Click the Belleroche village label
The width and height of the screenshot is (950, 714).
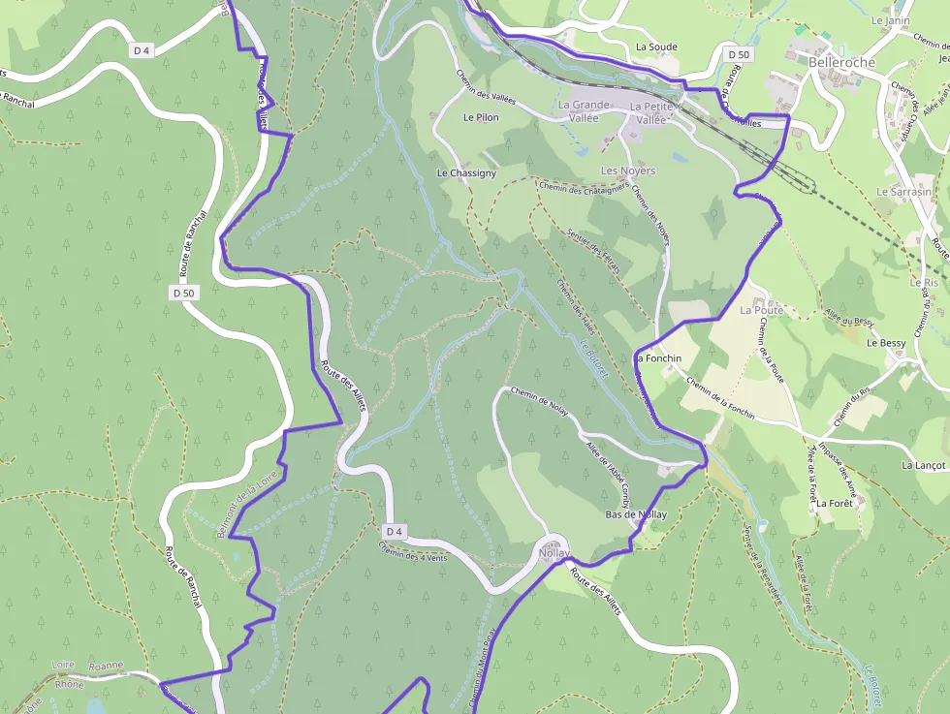pos(840,62)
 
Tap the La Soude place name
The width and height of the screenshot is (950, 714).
pos(656,47)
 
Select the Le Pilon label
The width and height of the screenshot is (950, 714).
pos(481,117)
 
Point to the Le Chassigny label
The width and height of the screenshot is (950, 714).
pos(466,172)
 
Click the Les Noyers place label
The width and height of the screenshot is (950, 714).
pos(628,171)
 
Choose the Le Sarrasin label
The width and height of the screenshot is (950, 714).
pos(902,192)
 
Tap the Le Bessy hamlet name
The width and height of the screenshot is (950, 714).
pos(886,343)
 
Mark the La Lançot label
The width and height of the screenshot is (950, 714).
pos(922,465)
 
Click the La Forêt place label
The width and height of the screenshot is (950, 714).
pos(833,504)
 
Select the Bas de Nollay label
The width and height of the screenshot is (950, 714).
pos(636,514)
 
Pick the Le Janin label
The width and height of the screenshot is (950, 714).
pos(890,20)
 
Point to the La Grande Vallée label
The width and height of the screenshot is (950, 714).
pos(584,111)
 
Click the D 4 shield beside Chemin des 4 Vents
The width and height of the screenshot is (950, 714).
pos(393,531)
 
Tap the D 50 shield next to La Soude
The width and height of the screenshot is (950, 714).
pos(739,55)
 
